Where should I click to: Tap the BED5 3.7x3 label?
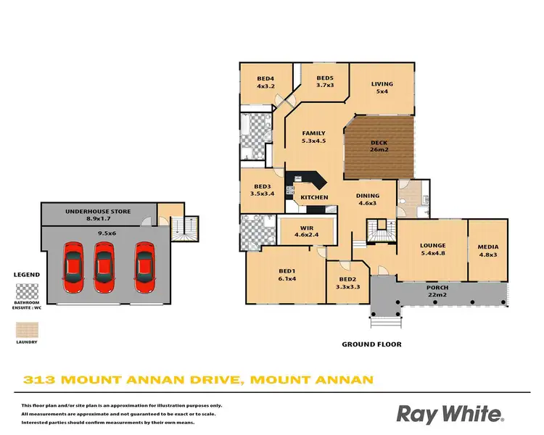coord(324,82)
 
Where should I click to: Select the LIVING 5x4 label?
coord(382,87)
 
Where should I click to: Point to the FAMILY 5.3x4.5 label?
coord(313,137)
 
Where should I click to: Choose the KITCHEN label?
coord(314,197)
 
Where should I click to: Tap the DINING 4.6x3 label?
coord(367,199)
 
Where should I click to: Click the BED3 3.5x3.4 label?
coord(260,190)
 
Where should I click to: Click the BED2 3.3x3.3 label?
coord(347,282)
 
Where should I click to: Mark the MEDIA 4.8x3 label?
coord(487,251)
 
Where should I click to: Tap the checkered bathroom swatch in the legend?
coord(28,291)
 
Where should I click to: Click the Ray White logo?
coord(449,414)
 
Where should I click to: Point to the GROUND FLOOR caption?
coord(372,344)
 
